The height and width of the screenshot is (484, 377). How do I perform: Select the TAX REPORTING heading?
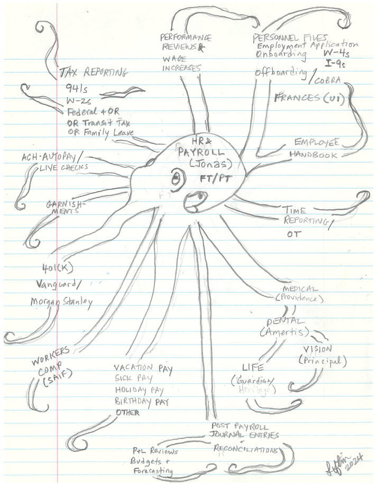(94, 72)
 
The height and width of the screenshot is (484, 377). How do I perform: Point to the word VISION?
(317, 349)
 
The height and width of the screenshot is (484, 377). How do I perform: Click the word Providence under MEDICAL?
(299, 299)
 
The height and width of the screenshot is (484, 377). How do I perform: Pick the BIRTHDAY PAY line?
(140, 402)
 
